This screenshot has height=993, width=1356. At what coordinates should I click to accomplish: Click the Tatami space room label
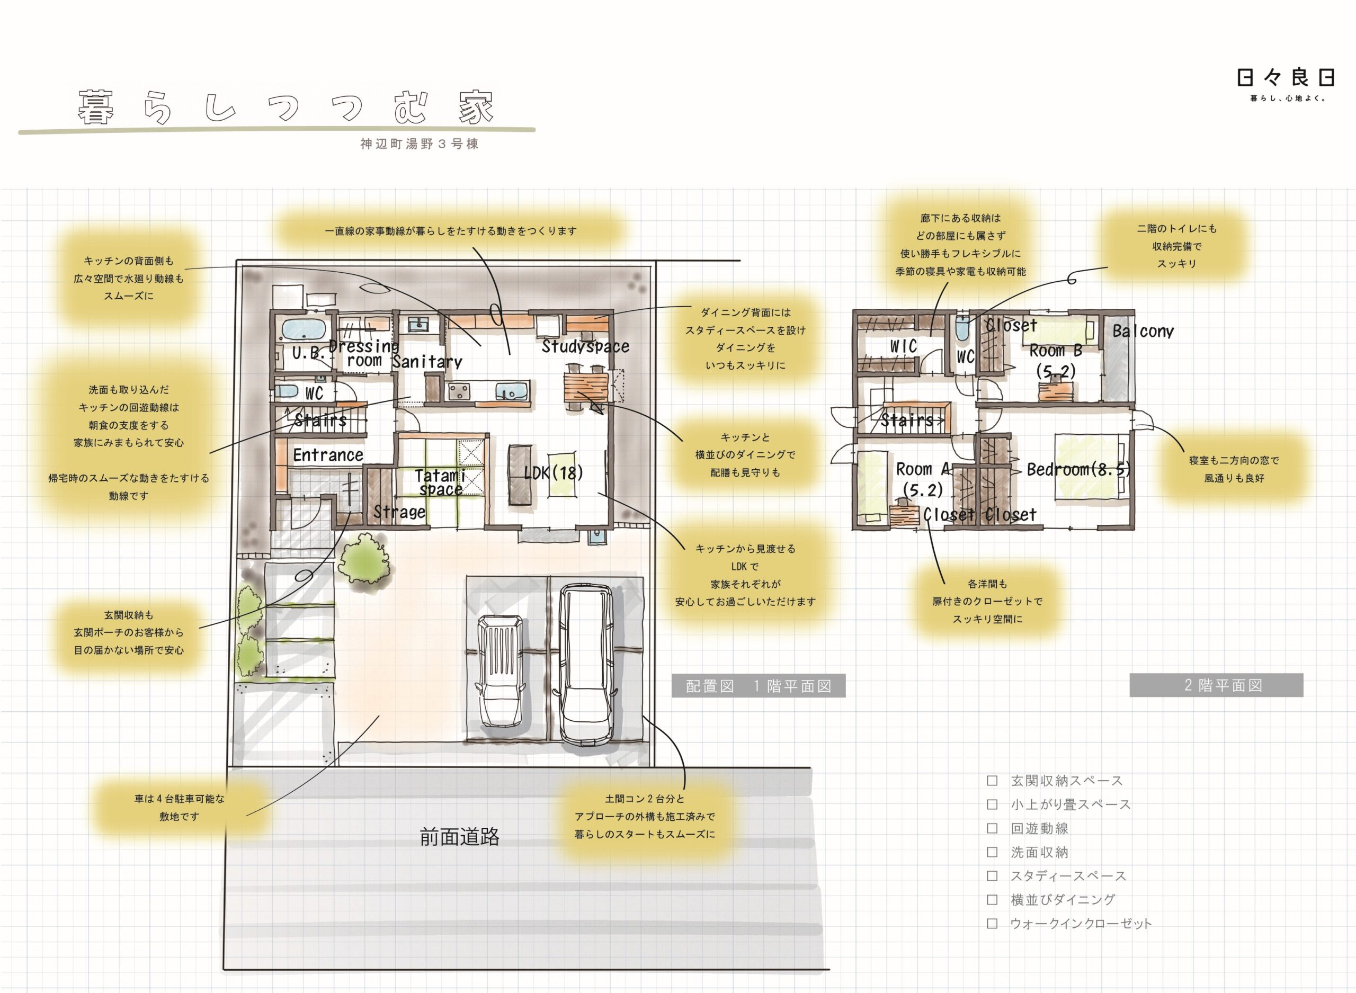441,482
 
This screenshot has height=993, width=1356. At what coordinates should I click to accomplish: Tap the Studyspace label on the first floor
585,346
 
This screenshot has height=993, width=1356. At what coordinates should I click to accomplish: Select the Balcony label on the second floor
1143,331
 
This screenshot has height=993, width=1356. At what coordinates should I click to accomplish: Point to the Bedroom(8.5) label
1078,469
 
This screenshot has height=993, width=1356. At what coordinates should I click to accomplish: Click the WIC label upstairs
904,346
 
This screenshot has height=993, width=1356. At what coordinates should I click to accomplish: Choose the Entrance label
328,455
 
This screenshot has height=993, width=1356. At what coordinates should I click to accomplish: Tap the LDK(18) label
554,473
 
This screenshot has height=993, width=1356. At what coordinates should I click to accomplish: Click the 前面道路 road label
460,837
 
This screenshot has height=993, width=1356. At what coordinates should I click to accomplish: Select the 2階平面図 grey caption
1217,685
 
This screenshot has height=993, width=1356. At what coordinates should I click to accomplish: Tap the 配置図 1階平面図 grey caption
759,686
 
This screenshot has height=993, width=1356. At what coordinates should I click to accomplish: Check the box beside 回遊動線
992,828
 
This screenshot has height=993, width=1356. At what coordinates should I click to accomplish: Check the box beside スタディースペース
992,876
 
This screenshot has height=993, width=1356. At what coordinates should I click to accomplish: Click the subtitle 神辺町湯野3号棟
420,144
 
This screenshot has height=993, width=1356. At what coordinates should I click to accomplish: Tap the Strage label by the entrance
400,512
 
